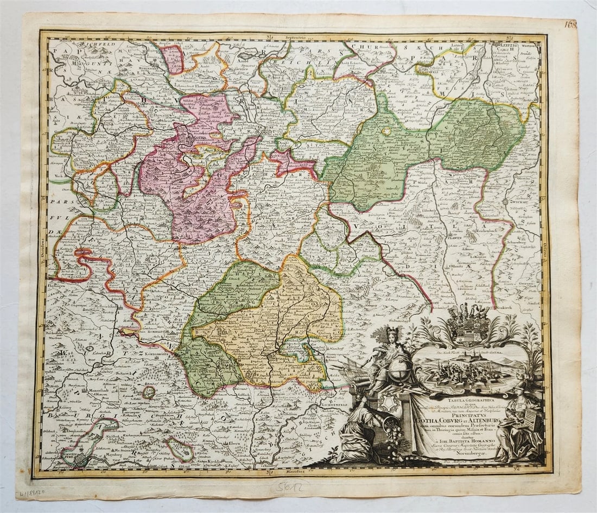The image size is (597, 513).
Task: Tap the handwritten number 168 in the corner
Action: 570,24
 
